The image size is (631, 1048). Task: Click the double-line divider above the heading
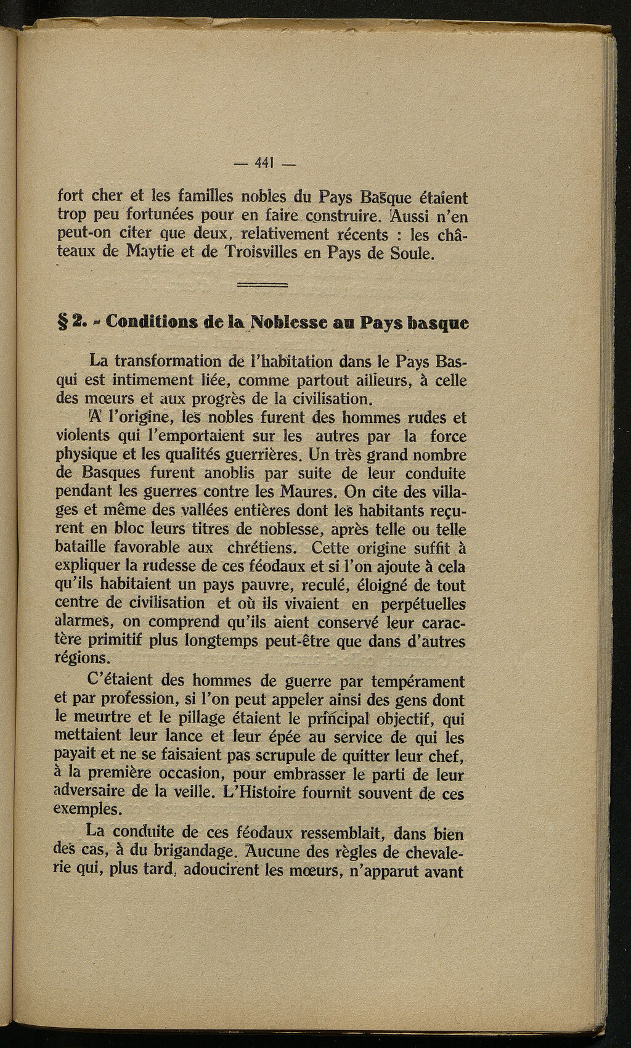pos(263,285)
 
